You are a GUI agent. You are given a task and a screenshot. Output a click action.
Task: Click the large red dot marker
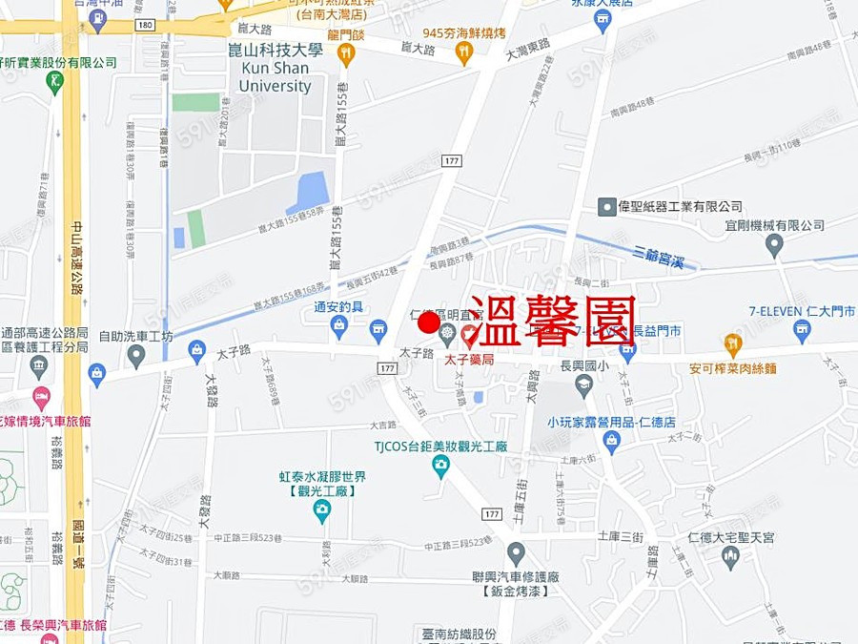[428, 323]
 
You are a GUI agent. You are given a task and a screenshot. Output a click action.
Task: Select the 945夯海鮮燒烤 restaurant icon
[464, 54]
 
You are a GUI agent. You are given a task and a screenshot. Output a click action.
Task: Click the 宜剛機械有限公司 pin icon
[774, 245]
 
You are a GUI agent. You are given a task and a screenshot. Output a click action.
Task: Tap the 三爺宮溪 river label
[665, 256]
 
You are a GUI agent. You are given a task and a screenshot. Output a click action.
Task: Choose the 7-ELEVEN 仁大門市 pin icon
[802, 331]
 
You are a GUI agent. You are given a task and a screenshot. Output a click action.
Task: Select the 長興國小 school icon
[583, 384]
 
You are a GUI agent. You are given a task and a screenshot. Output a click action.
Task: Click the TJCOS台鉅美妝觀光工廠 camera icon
[440, 466]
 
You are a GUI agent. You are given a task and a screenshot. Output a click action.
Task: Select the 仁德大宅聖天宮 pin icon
[730, 556]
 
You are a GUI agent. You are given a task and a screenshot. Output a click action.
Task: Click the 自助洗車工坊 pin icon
[136, 357]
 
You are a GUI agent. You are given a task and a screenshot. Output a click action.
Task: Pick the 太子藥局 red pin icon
[470, 336]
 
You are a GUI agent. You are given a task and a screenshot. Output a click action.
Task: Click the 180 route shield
[144, 23]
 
